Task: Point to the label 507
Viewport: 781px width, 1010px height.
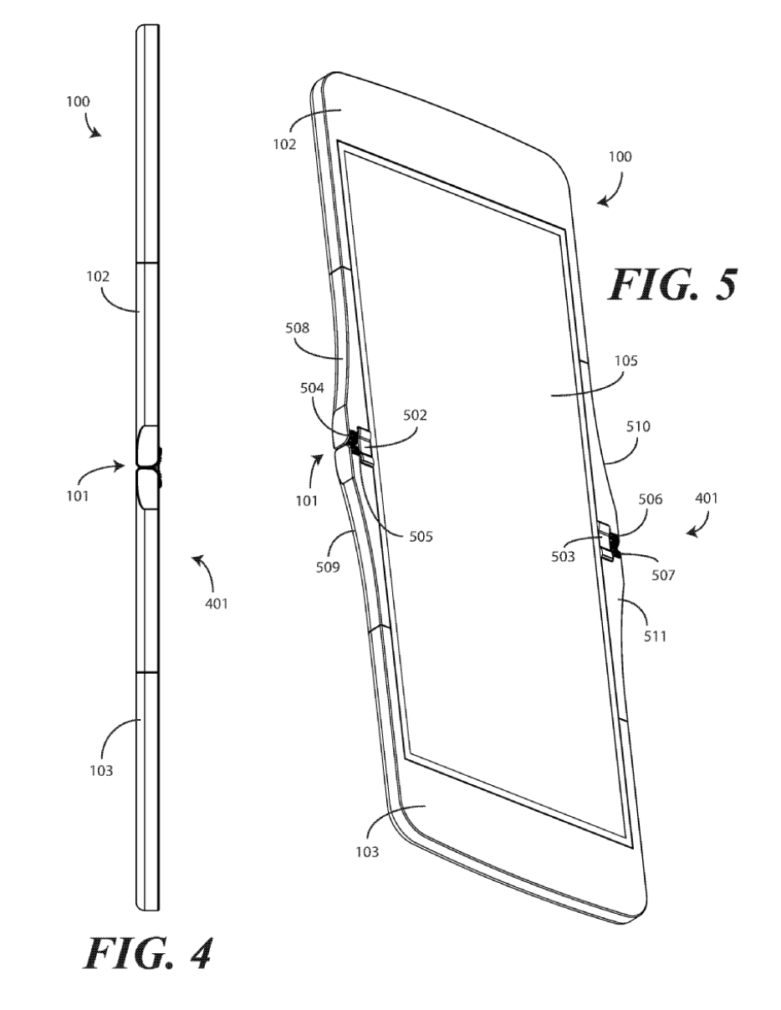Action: tap(665, 576)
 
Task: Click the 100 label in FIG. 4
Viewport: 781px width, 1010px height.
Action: tap(78, 102)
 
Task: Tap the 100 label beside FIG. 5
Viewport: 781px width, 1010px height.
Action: tap(620, 156)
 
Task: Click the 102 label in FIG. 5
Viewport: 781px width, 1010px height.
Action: tap(284, 143)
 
